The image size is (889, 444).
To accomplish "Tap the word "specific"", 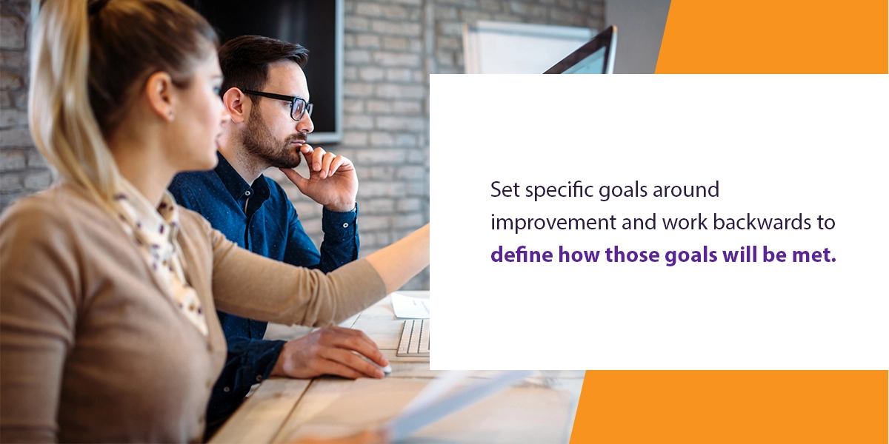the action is [559, 191].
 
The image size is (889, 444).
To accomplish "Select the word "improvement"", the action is [553, 223].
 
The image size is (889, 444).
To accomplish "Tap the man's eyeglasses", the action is [280, 102].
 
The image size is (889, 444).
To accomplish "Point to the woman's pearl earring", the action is [170, 116].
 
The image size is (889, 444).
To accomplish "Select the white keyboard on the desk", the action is [413, 337].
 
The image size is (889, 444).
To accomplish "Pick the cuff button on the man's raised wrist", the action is [345, 225].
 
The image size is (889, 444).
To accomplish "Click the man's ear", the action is [235, 104].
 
